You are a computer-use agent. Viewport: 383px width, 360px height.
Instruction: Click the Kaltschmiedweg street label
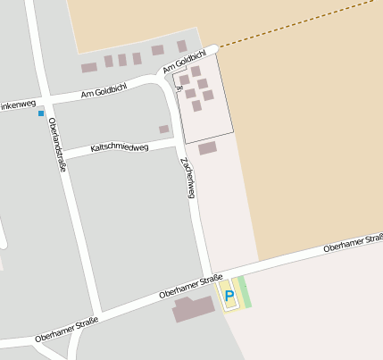point(120,147)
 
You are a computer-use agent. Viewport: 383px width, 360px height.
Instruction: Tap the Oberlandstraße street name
point(57,144)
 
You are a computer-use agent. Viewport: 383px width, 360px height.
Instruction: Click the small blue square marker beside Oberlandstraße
point(40,113)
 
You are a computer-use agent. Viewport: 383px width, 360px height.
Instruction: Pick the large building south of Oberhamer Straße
point(194,309)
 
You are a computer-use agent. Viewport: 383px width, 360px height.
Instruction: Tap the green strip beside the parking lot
point(244,292)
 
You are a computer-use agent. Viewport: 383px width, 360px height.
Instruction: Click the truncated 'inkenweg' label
point(19,105)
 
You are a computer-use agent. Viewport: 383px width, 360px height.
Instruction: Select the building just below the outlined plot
point(207,148)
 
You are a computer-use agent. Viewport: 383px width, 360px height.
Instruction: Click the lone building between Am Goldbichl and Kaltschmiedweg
point(163,130)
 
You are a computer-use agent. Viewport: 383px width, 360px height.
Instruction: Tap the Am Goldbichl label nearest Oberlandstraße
point(104,91)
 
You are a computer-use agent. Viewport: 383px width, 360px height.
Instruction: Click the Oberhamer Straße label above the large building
point(190,287)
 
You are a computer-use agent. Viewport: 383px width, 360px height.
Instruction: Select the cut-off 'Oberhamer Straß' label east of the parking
point(353,242)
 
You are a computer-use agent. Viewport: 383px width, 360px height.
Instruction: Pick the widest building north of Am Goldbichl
point(88,67)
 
